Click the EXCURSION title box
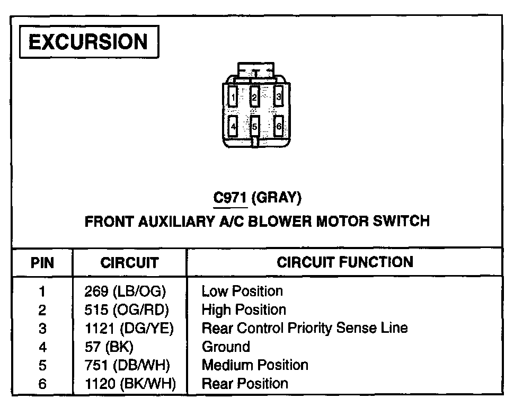88,42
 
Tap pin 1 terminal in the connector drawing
232,97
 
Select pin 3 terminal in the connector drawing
278,96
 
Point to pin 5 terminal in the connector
255,127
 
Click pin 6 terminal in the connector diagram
279,127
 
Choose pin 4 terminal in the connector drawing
232,127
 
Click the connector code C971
230,198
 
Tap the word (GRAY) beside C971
276,198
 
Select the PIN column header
42,262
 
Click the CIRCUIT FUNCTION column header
344,262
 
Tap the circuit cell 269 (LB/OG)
125,291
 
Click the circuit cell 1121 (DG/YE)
129,328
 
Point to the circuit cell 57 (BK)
109,347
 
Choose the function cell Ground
226,347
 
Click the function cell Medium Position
255,365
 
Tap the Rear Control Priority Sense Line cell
305,328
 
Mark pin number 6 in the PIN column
42,384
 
